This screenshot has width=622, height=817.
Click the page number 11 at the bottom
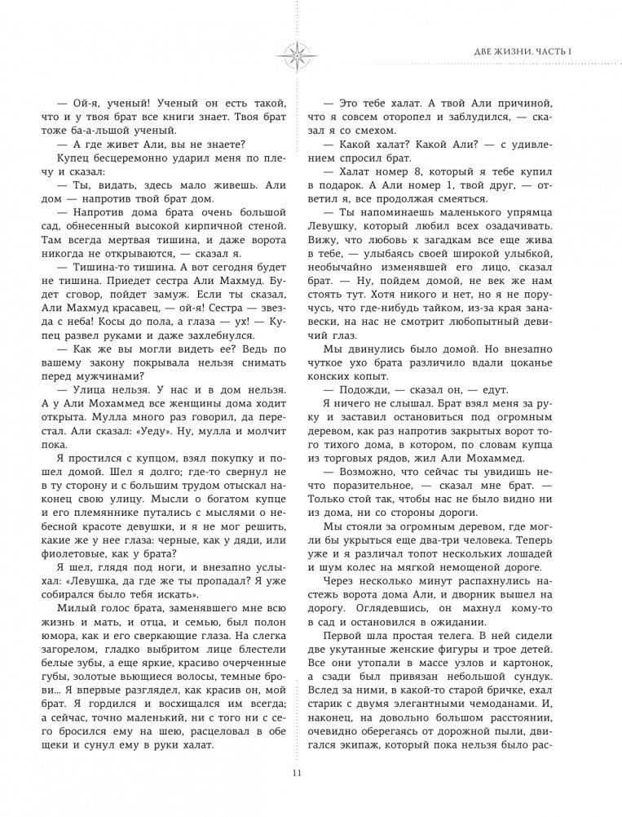click(x=311, y=774)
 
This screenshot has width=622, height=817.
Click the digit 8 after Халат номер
click(x=411, y=178)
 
